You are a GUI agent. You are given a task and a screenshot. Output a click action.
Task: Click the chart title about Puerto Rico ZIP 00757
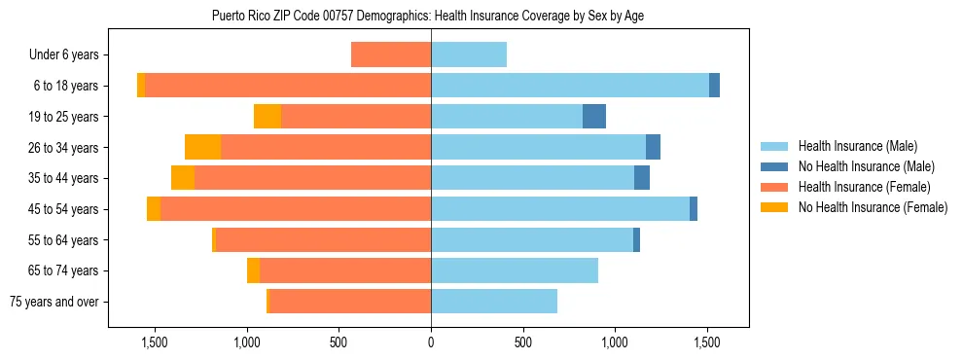point(427,16)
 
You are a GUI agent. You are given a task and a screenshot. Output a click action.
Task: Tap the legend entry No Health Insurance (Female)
point(872,207)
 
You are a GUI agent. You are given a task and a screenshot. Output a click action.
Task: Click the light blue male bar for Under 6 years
point(469,54)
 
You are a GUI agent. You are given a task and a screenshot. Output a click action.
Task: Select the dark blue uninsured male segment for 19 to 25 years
point(594,117)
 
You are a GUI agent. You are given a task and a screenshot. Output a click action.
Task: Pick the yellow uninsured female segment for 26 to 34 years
point(202,147)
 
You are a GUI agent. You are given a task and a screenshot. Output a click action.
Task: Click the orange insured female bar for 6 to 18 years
point(287,86)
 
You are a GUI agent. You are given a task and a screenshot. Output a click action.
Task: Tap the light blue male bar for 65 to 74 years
point(515,270)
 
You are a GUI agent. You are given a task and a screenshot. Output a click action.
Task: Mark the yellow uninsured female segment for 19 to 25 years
point(267,117)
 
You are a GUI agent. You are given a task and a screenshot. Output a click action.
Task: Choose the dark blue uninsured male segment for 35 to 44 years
point(642,178)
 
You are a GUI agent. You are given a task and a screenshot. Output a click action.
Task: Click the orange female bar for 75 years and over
point(350,302)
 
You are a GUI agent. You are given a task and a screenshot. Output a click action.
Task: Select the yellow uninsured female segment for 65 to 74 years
point(253,270)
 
